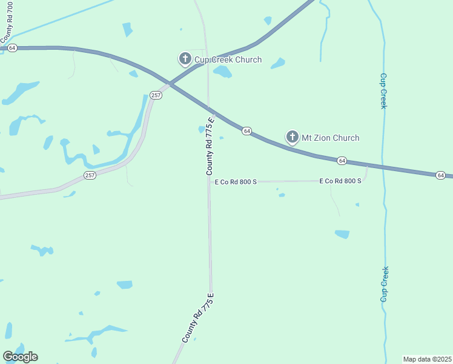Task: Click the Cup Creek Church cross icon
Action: point(185,59)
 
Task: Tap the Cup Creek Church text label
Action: point(228,59)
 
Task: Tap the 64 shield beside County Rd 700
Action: point(13,48)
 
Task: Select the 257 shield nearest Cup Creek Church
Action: point(156,95)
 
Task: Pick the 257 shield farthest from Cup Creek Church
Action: point(90,175)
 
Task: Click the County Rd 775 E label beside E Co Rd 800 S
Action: point(210,146)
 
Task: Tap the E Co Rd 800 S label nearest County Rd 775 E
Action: point(236,181)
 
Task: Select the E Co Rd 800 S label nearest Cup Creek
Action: point(340,181)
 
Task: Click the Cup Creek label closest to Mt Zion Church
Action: point(383,91)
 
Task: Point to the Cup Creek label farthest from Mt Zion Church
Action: point(384,284)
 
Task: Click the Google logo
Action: point(20,356)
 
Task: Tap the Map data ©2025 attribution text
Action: point(427,359)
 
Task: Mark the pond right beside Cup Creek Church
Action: point(222,72)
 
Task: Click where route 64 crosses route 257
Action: point(171,86)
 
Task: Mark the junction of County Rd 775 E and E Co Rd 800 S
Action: point(209,181)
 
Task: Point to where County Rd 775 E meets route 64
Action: point(208,108)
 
